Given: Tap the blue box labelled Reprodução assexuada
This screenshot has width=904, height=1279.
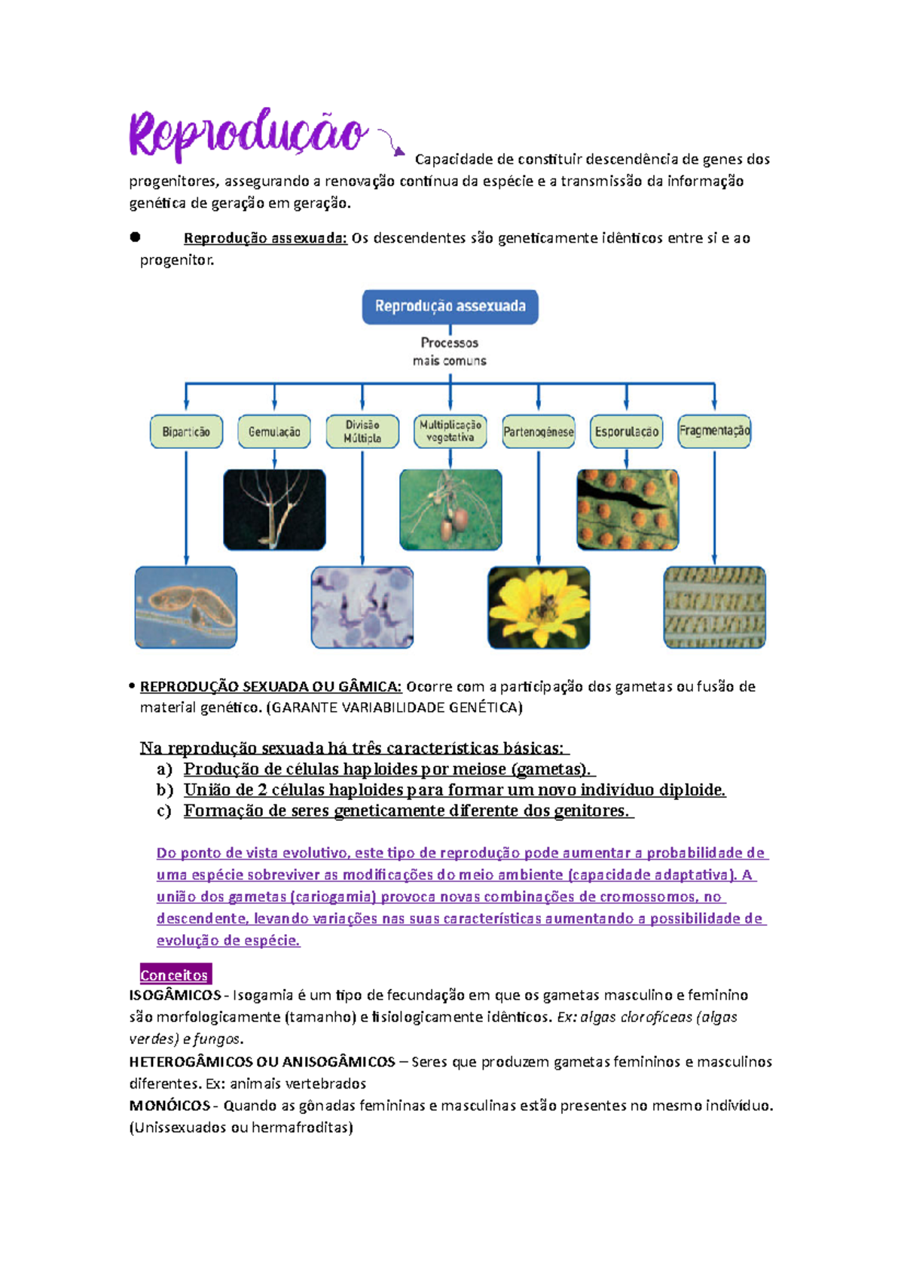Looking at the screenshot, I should point(450,307).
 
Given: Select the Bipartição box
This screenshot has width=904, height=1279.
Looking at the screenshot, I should point(186,432).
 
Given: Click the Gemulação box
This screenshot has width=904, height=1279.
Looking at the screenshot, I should point(274,432).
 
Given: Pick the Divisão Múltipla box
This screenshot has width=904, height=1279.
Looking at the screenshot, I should point(362,432).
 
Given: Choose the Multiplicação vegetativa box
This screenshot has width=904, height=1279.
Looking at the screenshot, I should point(450,432).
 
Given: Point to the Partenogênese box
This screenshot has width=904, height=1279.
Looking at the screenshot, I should point(538,432).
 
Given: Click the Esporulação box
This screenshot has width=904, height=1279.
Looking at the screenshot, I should point(626,432).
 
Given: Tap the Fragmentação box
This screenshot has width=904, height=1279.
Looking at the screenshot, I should point(714,431).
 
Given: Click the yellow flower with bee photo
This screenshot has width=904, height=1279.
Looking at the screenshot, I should point(539,607).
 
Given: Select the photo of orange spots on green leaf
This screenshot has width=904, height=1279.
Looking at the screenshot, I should point(628,510).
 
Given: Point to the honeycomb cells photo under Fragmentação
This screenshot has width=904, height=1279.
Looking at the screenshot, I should point(714,607).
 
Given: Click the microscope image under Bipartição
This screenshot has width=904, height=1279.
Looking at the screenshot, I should point(186,607).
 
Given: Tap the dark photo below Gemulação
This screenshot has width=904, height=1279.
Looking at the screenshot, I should point(274,510).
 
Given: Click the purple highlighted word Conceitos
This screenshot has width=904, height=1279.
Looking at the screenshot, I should point(174,975).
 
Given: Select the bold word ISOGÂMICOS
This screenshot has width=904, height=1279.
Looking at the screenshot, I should point(175,995).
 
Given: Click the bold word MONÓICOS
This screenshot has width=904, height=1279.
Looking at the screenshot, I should point(169,1106).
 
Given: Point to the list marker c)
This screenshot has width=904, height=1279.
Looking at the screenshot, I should point(164,811).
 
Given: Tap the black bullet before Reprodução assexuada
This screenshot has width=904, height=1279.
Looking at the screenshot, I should point(136,237).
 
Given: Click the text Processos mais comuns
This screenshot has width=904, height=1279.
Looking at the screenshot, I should point(450,352).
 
